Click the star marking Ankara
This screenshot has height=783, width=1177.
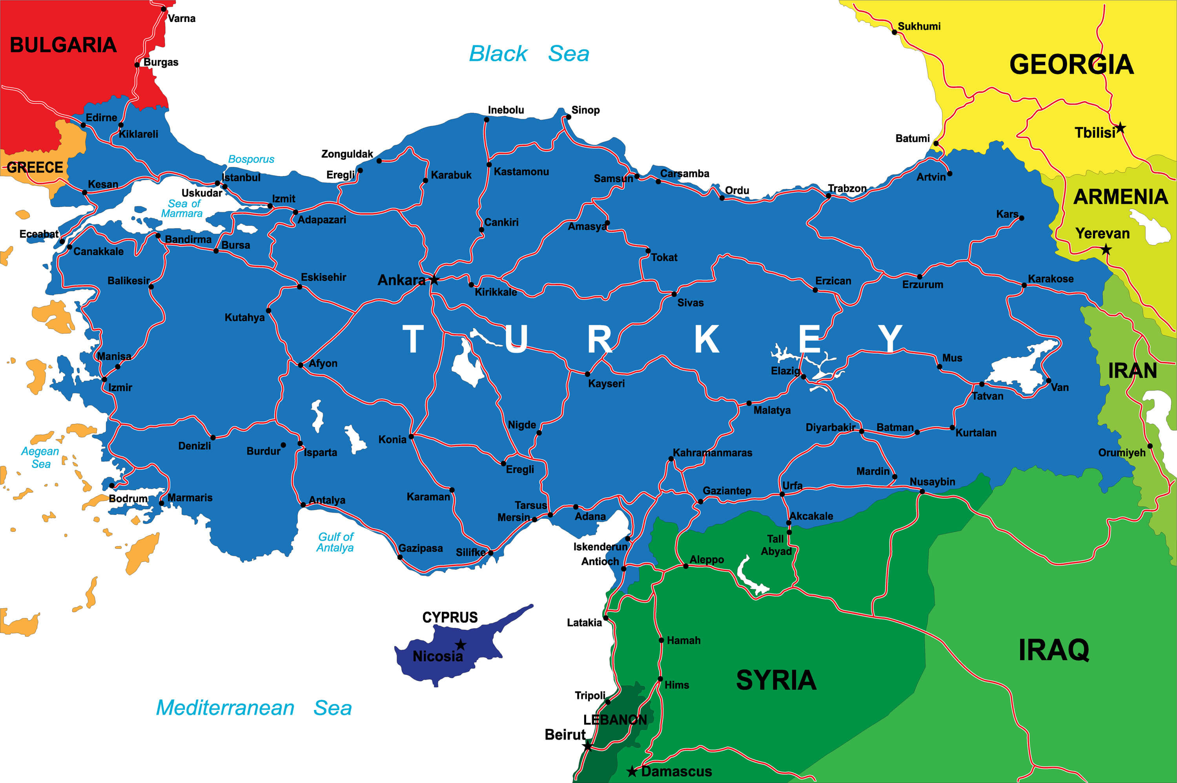[434, 279]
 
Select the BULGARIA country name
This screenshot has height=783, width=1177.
[64, 45]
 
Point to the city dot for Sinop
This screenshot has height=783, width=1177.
[568, 117]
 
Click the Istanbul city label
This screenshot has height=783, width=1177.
[241, 177]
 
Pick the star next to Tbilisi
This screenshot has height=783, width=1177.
[1121, 128]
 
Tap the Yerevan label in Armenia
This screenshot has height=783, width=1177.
[1102, 233]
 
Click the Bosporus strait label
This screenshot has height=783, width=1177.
[251, 159]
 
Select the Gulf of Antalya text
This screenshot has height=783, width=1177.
[335, 542]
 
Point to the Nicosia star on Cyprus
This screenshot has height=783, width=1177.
[461, 645]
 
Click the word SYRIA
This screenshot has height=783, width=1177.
[776, 680]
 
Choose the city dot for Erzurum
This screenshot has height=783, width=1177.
[920, 277]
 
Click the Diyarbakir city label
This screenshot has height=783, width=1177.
[830, 427]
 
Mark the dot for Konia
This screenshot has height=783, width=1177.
[411, 436]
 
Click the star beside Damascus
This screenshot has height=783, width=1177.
[632, 772]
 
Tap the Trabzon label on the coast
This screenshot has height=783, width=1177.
[847, 188]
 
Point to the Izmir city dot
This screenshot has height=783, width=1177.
[104, 380]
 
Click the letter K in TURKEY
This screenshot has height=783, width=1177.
[707, 339]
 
